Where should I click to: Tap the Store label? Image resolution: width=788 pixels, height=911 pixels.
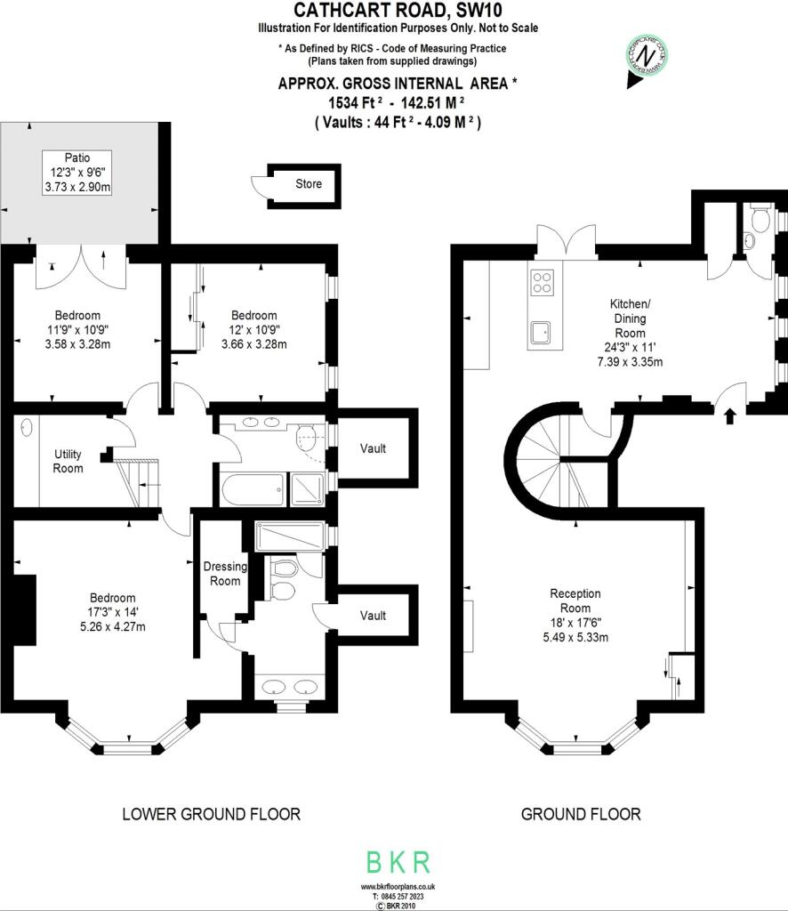[x=309, y=184]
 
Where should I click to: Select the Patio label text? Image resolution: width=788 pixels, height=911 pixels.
[x=77, y=157]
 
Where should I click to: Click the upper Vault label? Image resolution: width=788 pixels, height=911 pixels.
[x=374, y=448]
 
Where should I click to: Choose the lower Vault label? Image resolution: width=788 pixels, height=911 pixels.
[x=374, y=615]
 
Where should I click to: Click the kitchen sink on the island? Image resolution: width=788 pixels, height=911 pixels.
[x=542, y=333]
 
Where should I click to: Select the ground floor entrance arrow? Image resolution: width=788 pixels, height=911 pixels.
[x=730, y=415]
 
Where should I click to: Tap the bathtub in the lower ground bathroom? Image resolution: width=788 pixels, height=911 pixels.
[x=253, y=488]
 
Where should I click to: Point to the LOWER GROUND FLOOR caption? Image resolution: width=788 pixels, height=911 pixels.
[x=211, y=814]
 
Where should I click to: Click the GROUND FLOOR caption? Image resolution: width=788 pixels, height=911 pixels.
[x=581, y=814]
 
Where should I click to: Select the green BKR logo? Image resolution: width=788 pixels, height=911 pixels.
[x=398, y=862]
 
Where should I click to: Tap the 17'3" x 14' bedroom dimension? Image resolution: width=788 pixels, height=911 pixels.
[x=112, y=612]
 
